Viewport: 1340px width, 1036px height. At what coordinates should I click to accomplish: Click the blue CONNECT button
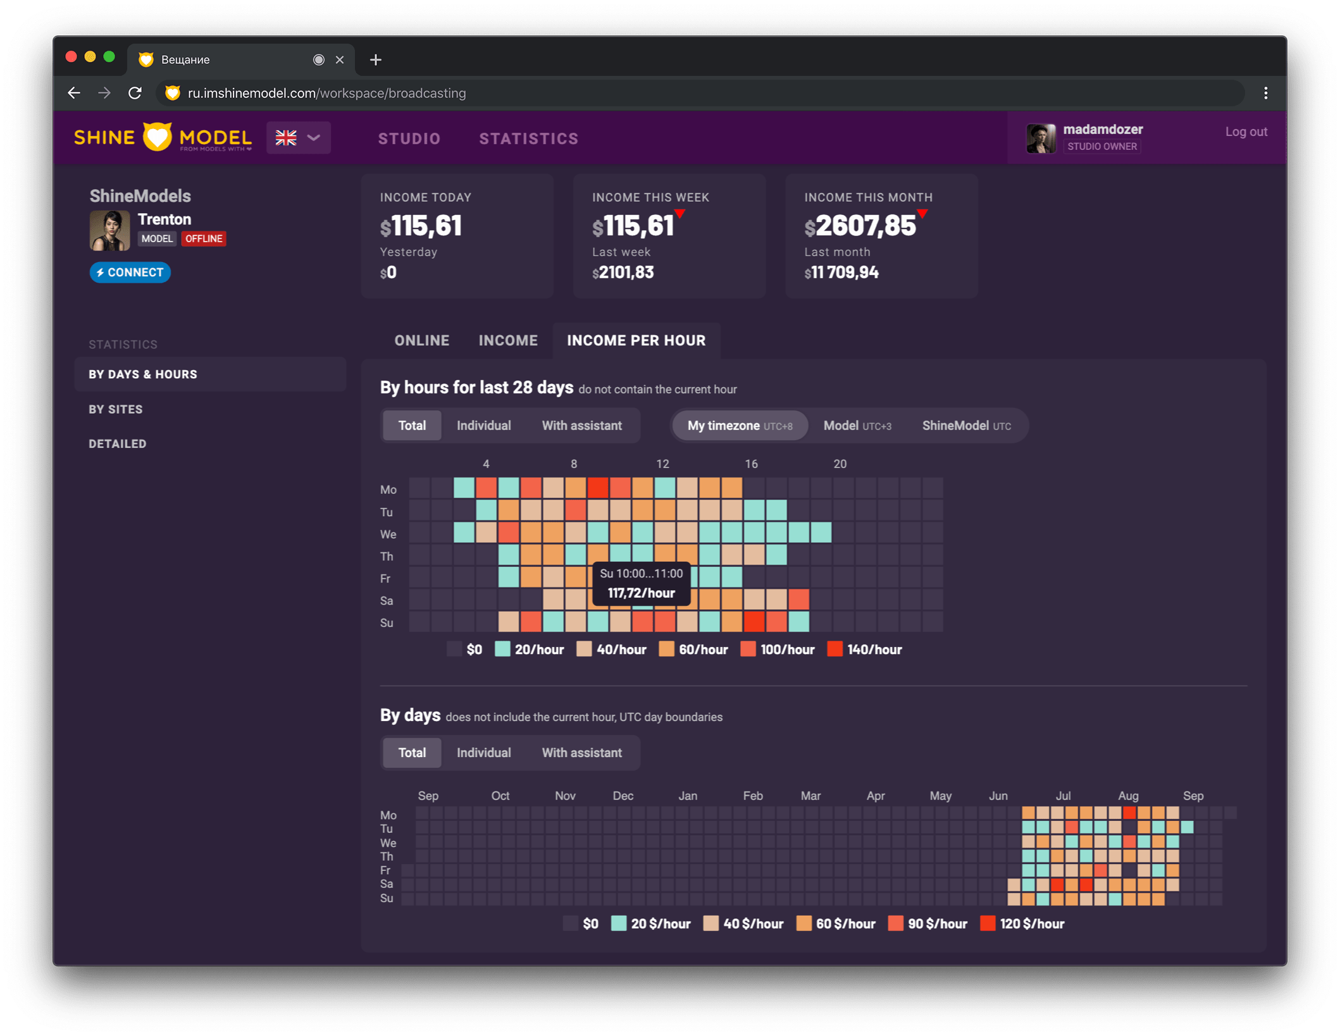click(x=130, y=273)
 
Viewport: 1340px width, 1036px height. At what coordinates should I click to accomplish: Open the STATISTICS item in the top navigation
click(x=528, y=139)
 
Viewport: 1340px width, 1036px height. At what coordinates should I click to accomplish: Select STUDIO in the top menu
click(x=409, y=139)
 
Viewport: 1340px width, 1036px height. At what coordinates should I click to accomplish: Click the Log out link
click(x=1246, y=132)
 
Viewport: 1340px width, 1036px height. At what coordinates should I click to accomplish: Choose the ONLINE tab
click(x=421, y=340)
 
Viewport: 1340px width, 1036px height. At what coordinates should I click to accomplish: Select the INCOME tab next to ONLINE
click(x=508, y=340)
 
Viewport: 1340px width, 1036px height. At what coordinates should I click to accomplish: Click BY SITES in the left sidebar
click(x=116, y=409)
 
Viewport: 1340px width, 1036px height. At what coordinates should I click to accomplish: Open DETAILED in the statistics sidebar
click(x=118, y=444)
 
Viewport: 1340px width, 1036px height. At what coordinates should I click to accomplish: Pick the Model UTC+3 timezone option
click(x=857, y=426)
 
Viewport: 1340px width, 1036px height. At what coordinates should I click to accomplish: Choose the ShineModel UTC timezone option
click(x=966, y=426)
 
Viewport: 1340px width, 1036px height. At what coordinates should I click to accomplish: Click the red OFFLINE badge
click(x=204, y=238)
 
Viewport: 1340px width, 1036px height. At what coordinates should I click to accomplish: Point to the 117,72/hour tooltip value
click(x=641, y=593)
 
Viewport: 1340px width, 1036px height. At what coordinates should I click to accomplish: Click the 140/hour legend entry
click(x=865, y=650)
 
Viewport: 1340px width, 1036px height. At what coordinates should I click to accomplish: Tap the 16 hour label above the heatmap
click(x=751, y=464)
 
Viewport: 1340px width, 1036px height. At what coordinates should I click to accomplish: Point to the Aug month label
click(x=1128, y=796)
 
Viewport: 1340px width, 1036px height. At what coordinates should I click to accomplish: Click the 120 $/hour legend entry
click(x=1022, y=924)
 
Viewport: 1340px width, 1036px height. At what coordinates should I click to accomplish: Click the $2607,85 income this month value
click(x=860, y=226)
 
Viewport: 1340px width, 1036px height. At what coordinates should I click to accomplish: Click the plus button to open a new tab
click(x=376, y=59)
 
